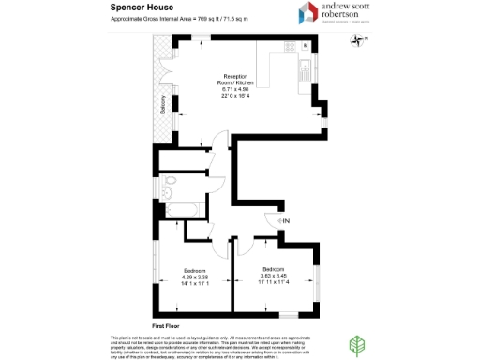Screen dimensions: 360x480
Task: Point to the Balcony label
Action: tap(162, 102)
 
